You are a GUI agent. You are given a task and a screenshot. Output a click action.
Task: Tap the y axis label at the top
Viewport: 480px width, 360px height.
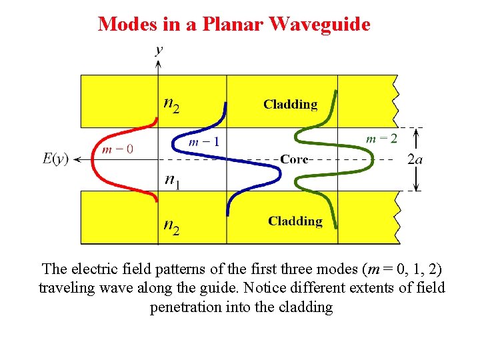tap(159, 49)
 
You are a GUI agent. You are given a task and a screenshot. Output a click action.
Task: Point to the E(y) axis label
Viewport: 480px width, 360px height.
tap(55, 159)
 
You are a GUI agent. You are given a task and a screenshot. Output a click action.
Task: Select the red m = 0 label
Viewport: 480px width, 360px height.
tap(117, 149)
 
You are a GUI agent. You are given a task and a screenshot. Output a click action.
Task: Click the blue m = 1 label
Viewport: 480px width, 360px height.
tap(204, 141)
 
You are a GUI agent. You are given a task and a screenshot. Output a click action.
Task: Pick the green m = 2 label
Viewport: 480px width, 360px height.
tap(382, 139)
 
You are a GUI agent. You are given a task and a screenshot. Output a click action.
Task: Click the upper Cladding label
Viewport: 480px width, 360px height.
tap(290, 104)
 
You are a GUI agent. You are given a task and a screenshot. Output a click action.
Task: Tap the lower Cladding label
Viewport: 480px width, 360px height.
tap(295, 221)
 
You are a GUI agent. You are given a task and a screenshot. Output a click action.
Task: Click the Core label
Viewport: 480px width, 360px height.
tap(294, 159)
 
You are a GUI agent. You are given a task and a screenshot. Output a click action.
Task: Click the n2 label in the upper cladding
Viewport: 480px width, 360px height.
tap(171, 105)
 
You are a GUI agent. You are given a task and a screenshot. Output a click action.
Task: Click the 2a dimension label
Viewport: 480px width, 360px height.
tap(415, 159)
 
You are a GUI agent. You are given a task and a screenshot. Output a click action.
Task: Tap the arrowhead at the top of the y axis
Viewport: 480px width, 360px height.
tap(158, 63)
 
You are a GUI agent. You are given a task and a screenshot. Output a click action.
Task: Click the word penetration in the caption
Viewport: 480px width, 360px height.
tap(189, 307)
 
